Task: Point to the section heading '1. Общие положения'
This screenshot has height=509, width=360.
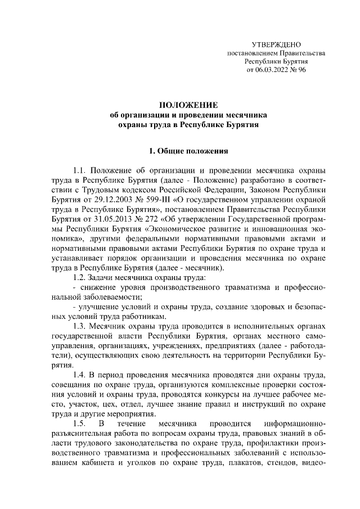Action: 187,151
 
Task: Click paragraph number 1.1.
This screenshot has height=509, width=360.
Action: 81,170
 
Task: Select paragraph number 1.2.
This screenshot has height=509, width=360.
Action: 81,277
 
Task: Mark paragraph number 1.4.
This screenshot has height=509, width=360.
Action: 81,375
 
